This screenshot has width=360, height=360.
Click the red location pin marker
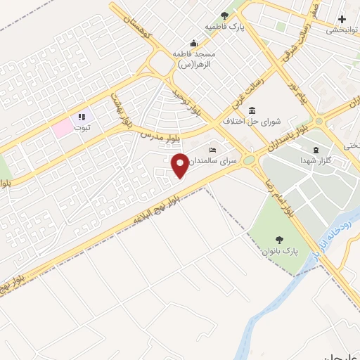pos(180,165)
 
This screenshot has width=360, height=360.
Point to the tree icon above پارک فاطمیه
pos(224,15)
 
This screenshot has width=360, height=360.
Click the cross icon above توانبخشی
pos(342,19)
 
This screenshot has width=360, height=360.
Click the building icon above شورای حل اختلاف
pos(251,110)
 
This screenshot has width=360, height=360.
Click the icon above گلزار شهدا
pos(315,150)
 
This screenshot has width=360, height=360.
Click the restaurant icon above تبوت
pos(82,117)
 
